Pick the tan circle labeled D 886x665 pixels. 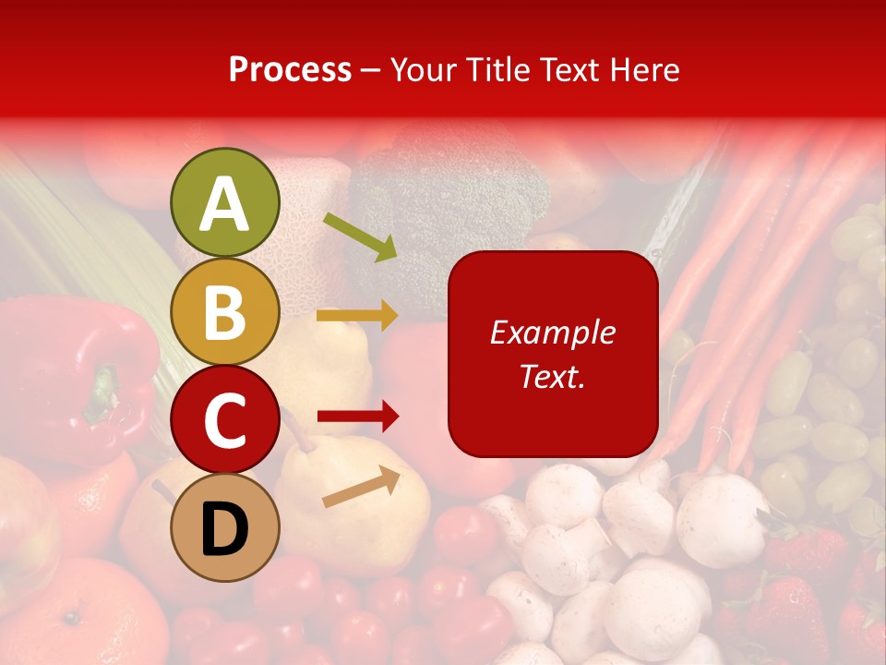224,527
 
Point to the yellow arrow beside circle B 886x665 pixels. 357,316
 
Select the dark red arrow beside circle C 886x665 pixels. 357,417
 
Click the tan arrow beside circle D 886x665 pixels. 361,488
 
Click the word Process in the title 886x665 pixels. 290,70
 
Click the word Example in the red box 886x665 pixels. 552,332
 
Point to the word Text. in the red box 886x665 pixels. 552,377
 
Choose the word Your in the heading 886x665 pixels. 424,70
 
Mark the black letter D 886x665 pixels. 224,528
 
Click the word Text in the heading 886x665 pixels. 570,70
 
